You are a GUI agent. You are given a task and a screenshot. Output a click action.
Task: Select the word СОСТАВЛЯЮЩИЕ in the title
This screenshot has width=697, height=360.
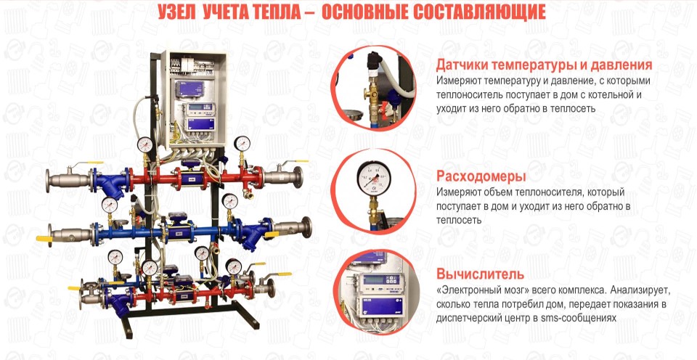pyautogui.click(x=479, y=12)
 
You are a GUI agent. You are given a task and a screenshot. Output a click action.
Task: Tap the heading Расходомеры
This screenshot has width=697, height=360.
pyautogui.click(x=481, y=176)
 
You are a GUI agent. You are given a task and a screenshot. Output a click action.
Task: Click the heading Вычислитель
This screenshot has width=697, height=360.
pyautogui.click(x=480, y=274)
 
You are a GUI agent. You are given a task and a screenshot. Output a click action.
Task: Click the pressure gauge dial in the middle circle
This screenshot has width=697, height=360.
pyautogui.click(x=374, y=178)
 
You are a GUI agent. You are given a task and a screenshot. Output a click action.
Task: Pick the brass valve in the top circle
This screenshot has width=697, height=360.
pyautogui.click(x=372, y=94)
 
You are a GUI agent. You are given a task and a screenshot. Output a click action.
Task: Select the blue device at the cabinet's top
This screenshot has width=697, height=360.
pyautogui.click(x=189, y=89)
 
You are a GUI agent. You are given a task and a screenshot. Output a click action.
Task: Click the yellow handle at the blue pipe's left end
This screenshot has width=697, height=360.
pyautogui.click(x=44, y=239)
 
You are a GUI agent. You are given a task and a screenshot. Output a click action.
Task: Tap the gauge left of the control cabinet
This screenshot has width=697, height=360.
pyautogui.click(x=145, y=145)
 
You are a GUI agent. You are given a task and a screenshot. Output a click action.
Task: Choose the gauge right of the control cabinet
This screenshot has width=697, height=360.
pyautogui.click(x=242, y=144)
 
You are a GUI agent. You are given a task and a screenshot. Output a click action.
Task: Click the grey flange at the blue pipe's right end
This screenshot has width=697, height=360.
pyautogui.click(x=306, y=227)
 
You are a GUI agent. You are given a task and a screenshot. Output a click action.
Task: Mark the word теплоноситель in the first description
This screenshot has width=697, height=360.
pyautogui.click(x=466, y=95)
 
